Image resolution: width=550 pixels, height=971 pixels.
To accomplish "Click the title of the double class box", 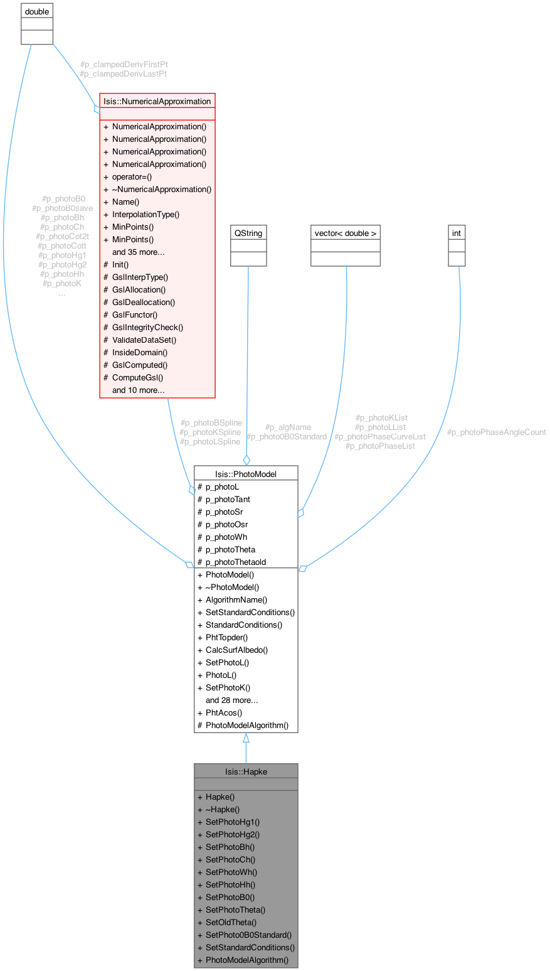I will pos(36,11).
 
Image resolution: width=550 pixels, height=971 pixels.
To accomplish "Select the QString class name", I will pos(248,233).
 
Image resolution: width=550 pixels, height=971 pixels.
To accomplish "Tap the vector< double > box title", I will pos(346,233).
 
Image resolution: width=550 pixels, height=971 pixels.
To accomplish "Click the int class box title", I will pos(457,233).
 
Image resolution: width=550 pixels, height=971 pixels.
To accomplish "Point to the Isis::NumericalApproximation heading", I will pos(157,101).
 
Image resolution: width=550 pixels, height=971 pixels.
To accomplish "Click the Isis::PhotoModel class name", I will pos(245,474).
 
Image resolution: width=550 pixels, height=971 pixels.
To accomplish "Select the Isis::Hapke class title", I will pos(245,771).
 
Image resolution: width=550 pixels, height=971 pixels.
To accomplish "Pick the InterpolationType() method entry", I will pos(145,214).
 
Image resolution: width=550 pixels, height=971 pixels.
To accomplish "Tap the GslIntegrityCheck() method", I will pos(147,327).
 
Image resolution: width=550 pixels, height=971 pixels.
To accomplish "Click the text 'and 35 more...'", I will pos(138,252).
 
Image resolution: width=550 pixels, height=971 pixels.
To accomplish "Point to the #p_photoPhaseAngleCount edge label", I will pos(496,432).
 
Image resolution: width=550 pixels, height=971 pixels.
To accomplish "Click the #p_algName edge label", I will pos(288,427).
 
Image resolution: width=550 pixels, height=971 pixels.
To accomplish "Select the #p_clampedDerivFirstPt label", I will pos(124,64).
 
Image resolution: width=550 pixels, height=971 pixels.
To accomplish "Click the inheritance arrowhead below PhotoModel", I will pos(245,739).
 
